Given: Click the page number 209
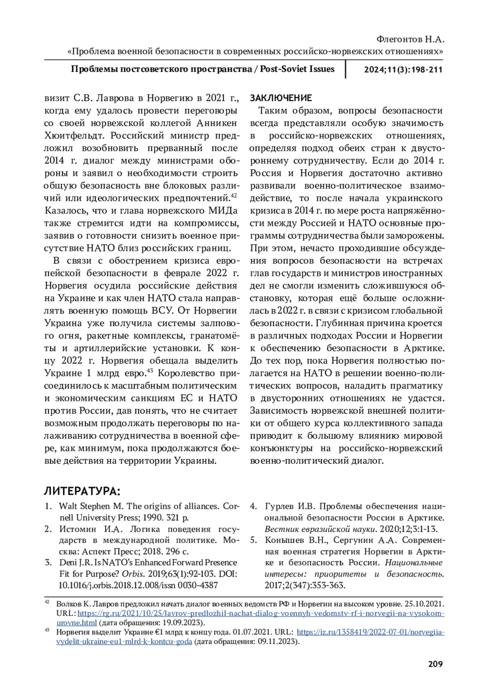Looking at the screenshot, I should (435, 664).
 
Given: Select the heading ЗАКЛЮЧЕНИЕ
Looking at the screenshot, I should (281, 98).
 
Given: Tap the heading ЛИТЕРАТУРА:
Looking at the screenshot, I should (82, 491).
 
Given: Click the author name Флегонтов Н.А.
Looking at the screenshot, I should (410, 40).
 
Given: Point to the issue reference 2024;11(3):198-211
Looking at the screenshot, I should (403, 69).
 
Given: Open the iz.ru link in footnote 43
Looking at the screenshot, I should (370, 633).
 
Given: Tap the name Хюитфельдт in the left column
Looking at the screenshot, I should (75, 135).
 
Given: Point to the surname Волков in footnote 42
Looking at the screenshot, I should (67, 604).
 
